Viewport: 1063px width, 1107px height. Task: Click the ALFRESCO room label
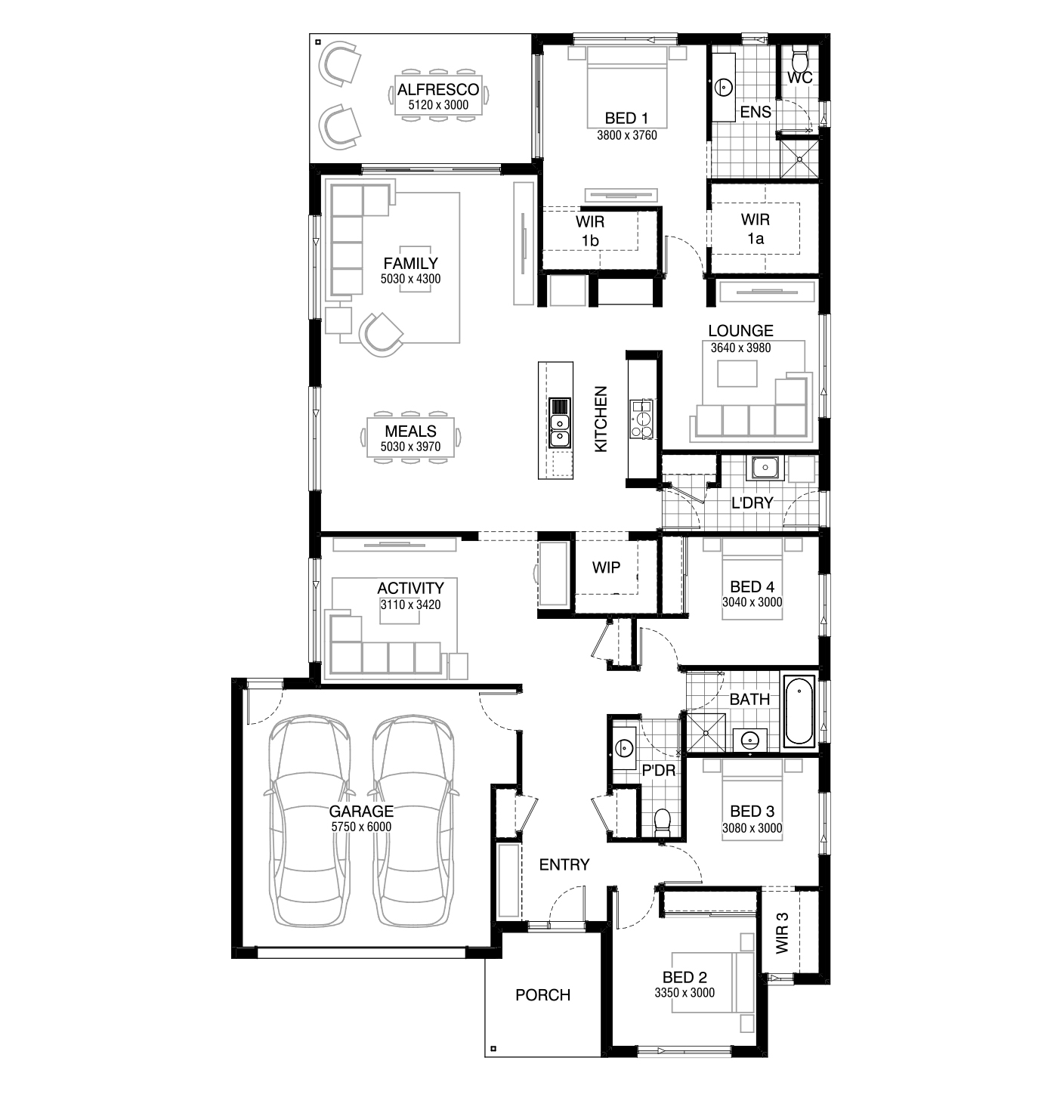pyautogui.click(x=438, y=89)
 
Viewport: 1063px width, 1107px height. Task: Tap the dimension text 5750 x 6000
pyautogui.click(x=361, y=827)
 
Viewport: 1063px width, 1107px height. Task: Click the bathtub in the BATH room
pyautogui.click(x=799, y=710)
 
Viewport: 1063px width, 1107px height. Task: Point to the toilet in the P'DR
pyautogui.click(x=662, y=822)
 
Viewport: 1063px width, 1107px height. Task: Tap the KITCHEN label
pyautogui.click(x=601, y=419)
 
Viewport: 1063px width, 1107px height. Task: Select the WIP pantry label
pyautogui.click(x=606, y=567)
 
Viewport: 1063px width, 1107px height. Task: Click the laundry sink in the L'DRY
pyautogui.click(x=765, y=468)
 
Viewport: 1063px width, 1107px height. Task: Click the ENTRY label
pyautogui.click(x=564, y=864)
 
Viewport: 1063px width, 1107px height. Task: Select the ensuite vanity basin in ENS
pyautogui.click(x=724, y=87)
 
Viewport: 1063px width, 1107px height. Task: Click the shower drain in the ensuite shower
pyautogui.click(x=799, y=159)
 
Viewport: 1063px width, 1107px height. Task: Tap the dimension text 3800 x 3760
pyautogui.click(x=627, y=135)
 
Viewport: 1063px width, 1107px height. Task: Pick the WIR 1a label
pyautogui.click(x=756, y=229)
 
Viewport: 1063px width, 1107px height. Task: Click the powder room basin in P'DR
pyautogui.click(x=625, y=747)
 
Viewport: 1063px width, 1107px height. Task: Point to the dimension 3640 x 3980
pyautogui.click(x=740, y=348)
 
